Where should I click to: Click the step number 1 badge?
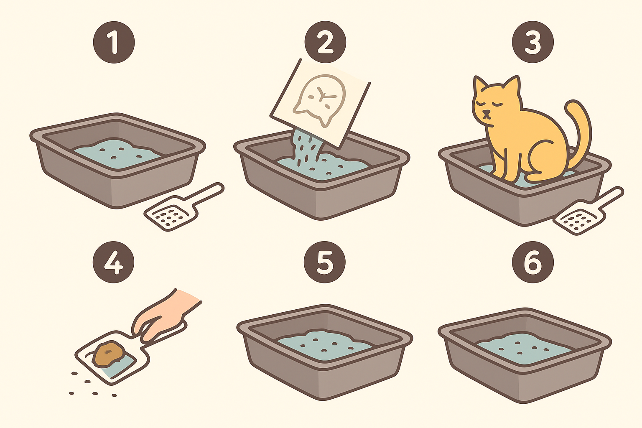pyautogui.click(x=114, y=42)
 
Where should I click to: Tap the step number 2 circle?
pyautogui.click(x=325, y=42)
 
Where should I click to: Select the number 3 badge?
pyautogui.click(x=533, y=42)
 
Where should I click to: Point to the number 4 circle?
pyautogui.click(x=114, y=262)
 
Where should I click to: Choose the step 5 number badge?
pyautogui.click(x=325, y=262)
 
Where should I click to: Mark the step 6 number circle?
pyautogui.click(x=533, y=262)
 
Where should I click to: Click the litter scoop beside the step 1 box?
pyautogui.click(x=183, y=206)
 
